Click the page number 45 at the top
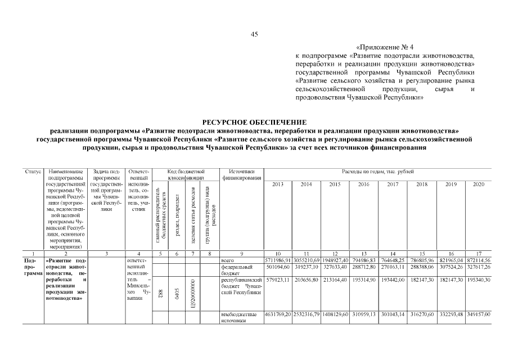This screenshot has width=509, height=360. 254,34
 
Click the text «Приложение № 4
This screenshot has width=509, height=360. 388,47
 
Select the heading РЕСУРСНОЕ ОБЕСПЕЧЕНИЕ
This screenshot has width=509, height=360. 254,122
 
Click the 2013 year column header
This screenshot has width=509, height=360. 278,184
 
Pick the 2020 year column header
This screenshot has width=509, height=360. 479,184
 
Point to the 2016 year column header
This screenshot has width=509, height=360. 363,184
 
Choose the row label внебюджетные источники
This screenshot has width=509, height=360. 240,317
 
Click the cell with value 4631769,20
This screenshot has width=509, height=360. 278,314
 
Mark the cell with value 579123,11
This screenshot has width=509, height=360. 278,279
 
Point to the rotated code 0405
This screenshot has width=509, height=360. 177,292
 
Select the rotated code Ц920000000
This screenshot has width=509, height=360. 193,292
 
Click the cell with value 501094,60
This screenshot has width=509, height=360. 278,268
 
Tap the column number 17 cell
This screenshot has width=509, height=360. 479,254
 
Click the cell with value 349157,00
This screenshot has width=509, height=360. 479,314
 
